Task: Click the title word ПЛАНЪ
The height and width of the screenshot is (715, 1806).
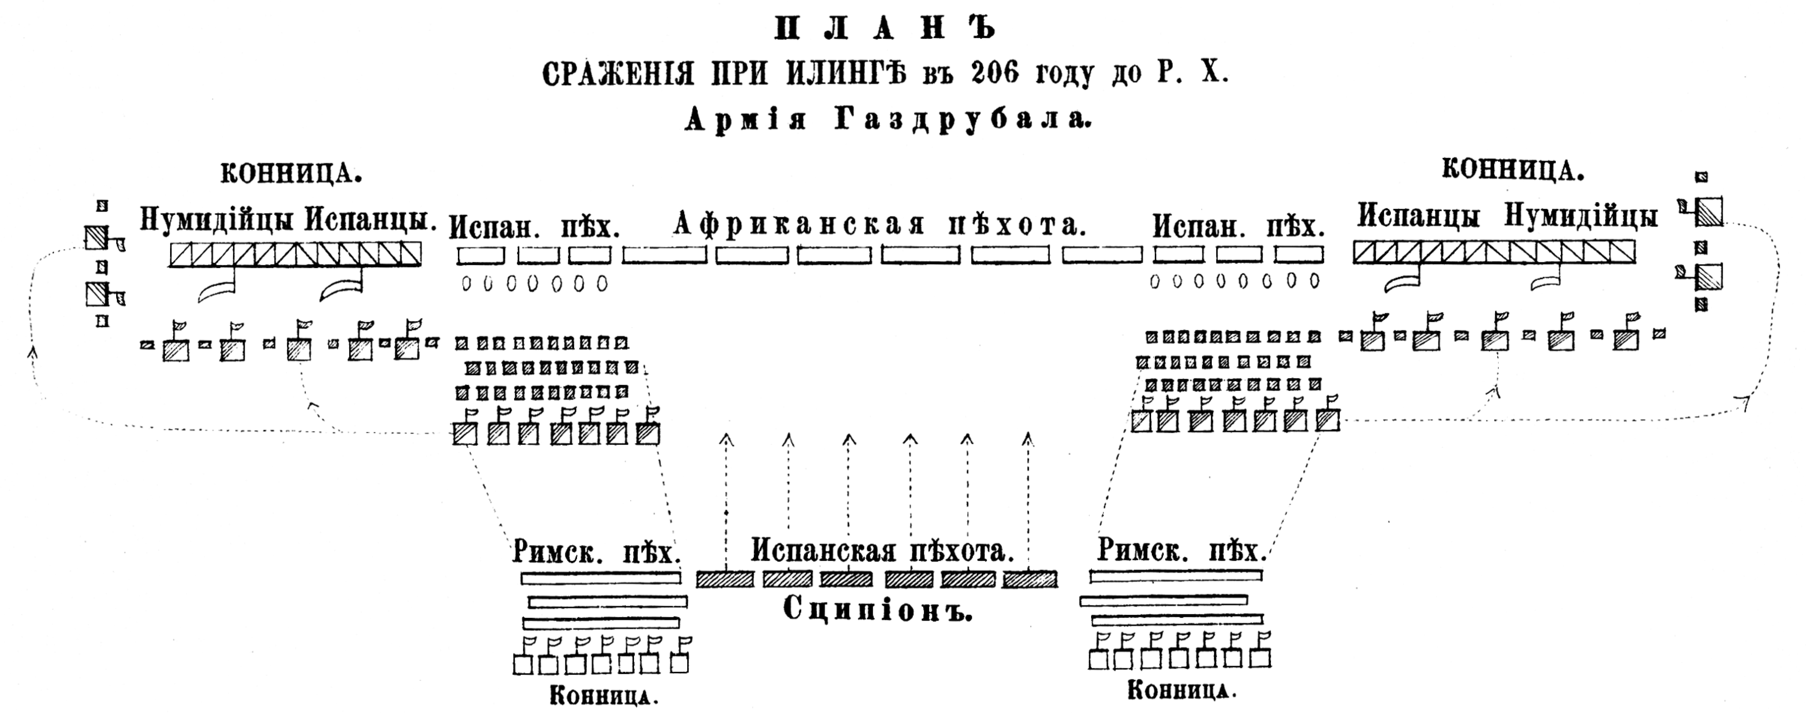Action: tap(885, 30)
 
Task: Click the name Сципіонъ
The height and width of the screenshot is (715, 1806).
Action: tap(878, 609)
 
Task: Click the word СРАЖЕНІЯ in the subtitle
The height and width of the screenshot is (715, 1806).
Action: tap(618, 74)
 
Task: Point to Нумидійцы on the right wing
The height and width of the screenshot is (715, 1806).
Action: tap(1582, 216)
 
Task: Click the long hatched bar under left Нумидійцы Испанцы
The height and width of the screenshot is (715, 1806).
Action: tap(295, 254)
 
